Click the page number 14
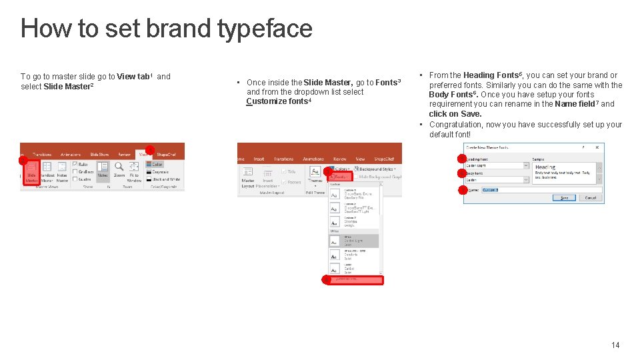coord(615,345)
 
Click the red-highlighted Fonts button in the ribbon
coord(339,177)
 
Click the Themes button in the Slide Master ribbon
coord(315,175)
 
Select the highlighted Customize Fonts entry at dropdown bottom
coord(353,279)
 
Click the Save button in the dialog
coord(564,197)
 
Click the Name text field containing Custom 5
coord(540,190)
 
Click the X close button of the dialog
coord(597,147)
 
